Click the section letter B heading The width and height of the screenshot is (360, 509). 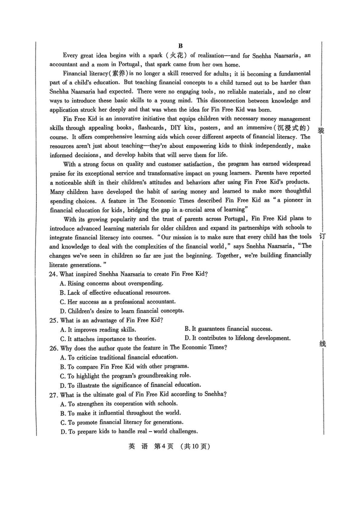click(180, 46)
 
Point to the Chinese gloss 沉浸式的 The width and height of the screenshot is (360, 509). click(294, 127)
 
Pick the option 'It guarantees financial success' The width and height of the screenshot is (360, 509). click(228, 329)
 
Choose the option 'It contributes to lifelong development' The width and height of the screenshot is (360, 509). click(238, 338)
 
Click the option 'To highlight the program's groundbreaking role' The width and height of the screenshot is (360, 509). click(125, 376)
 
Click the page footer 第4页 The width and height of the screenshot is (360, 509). click(163, 447)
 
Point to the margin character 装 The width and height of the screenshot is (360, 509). click(321, 131)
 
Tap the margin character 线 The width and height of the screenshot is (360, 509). click(321, 344)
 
